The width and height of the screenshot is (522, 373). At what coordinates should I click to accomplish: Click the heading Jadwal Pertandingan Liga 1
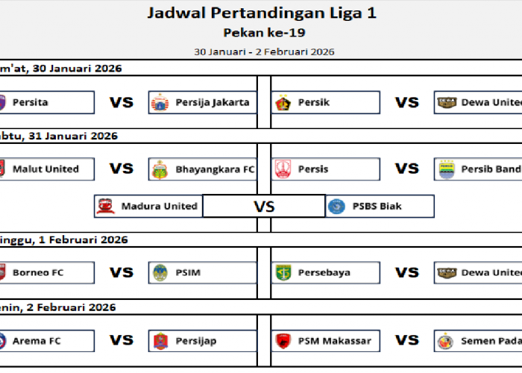pyautogui.click(x=262, y=13)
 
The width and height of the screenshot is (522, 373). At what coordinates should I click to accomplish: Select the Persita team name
pyautogui.click(x=31, y=102)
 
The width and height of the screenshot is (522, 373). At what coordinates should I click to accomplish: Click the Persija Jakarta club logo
pyautogui.click(x=160, y=102)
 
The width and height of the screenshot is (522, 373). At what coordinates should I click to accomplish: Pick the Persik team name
pyautogui.click(x=313, y=102)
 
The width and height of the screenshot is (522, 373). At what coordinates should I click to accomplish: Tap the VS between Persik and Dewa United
pyautogui.click(x=407, y=102)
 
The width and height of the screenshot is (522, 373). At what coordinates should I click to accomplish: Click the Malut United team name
pyautogui.click(x=45, y=169)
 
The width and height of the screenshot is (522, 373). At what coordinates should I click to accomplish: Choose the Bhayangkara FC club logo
pyautogui.click(x=160, y=169)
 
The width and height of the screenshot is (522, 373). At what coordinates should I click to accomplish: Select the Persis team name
pyautogui.click(x=312, y=169)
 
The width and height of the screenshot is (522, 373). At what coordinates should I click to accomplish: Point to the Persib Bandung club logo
pyautogui.click(x=447, y=169)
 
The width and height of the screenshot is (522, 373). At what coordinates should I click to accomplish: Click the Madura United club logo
pyautogui.click(x=107, y=206)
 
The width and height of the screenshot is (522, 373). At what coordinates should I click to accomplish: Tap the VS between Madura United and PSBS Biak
pyautogui.click(x=264, y=207)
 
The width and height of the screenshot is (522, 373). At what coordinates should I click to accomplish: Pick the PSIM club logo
pyautogui.click(x=160, y=273)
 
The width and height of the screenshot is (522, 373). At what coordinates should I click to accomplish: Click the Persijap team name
pyautogui.click(x=196, y=341)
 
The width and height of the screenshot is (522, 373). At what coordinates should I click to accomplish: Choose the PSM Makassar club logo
pyautogui.click(x=283, y=341)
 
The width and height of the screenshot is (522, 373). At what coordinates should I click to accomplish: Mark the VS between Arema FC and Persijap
pyautogui.click(x=122, y=341)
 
